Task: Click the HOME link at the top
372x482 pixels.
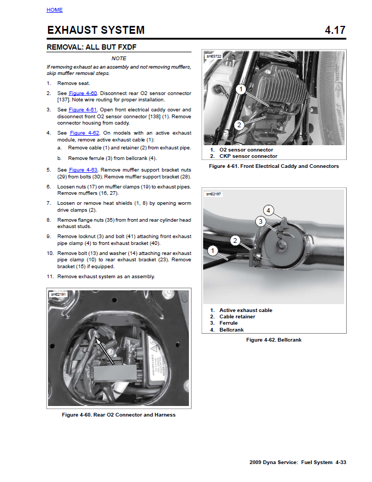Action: tap(54, 10)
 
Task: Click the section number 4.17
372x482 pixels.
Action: tap(335, 30)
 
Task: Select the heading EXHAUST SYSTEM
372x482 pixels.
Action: tap(96, 30)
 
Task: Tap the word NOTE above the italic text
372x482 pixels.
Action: tap(119, 59)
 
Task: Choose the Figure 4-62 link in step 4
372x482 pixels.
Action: tap(84, 133)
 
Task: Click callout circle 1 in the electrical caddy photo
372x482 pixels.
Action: tap(240, 89)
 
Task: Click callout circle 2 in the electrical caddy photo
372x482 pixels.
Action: tap(239, 125)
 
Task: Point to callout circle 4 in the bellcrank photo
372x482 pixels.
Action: tap(268, 210)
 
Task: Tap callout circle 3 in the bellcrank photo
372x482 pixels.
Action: tap(260, 221)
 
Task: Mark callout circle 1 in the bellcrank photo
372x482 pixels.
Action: tap(213, 249)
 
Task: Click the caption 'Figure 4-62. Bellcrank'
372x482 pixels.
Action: tap(274, 340)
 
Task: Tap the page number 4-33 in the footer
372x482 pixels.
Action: tap(340, 462)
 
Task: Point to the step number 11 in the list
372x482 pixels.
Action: tap(50, 277)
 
